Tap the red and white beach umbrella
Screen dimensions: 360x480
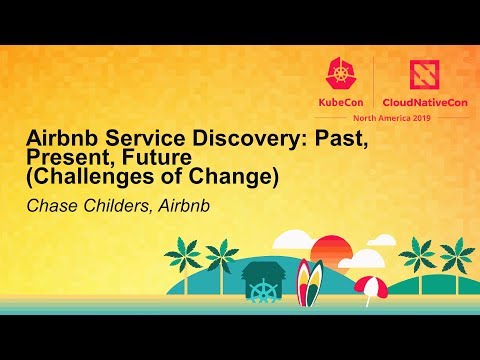[x=370, y=286]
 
